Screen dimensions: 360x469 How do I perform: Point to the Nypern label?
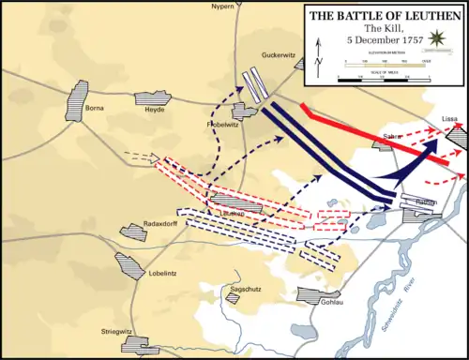[249, 6]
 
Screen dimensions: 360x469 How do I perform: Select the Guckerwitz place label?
[280, 54]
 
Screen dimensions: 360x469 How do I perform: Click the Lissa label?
[449, 120]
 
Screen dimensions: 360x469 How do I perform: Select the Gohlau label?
[333, 303]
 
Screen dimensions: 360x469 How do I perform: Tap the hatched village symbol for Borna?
[77, 96]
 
